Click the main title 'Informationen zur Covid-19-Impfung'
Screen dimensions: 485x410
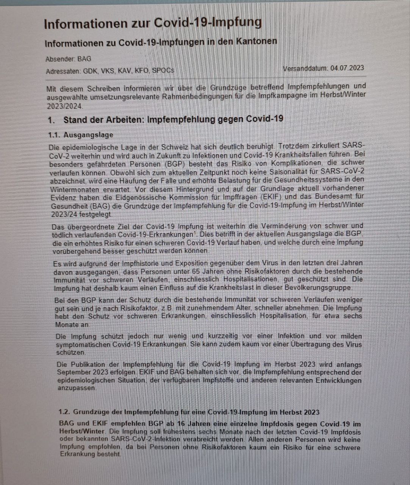[x=153, y=23]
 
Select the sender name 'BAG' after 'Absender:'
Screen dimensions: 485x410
[x=84, y=59]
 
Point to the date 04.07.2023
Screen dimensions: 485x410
[x=347, y=68]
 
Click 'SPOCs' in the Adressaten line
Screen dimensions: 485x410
[x=163, y=71]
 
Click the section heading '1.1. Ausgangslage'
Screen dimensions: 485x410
[x=81, y=135]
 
